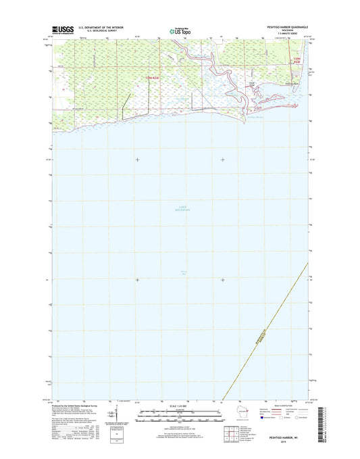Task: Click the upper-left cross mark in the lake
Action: coord(137,160)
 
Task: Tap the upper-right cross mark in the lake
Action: coord(223,160)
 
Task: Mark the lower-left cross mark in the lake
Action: coord(137,279)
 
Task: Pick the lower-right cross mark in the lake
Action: coord(223,279)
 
